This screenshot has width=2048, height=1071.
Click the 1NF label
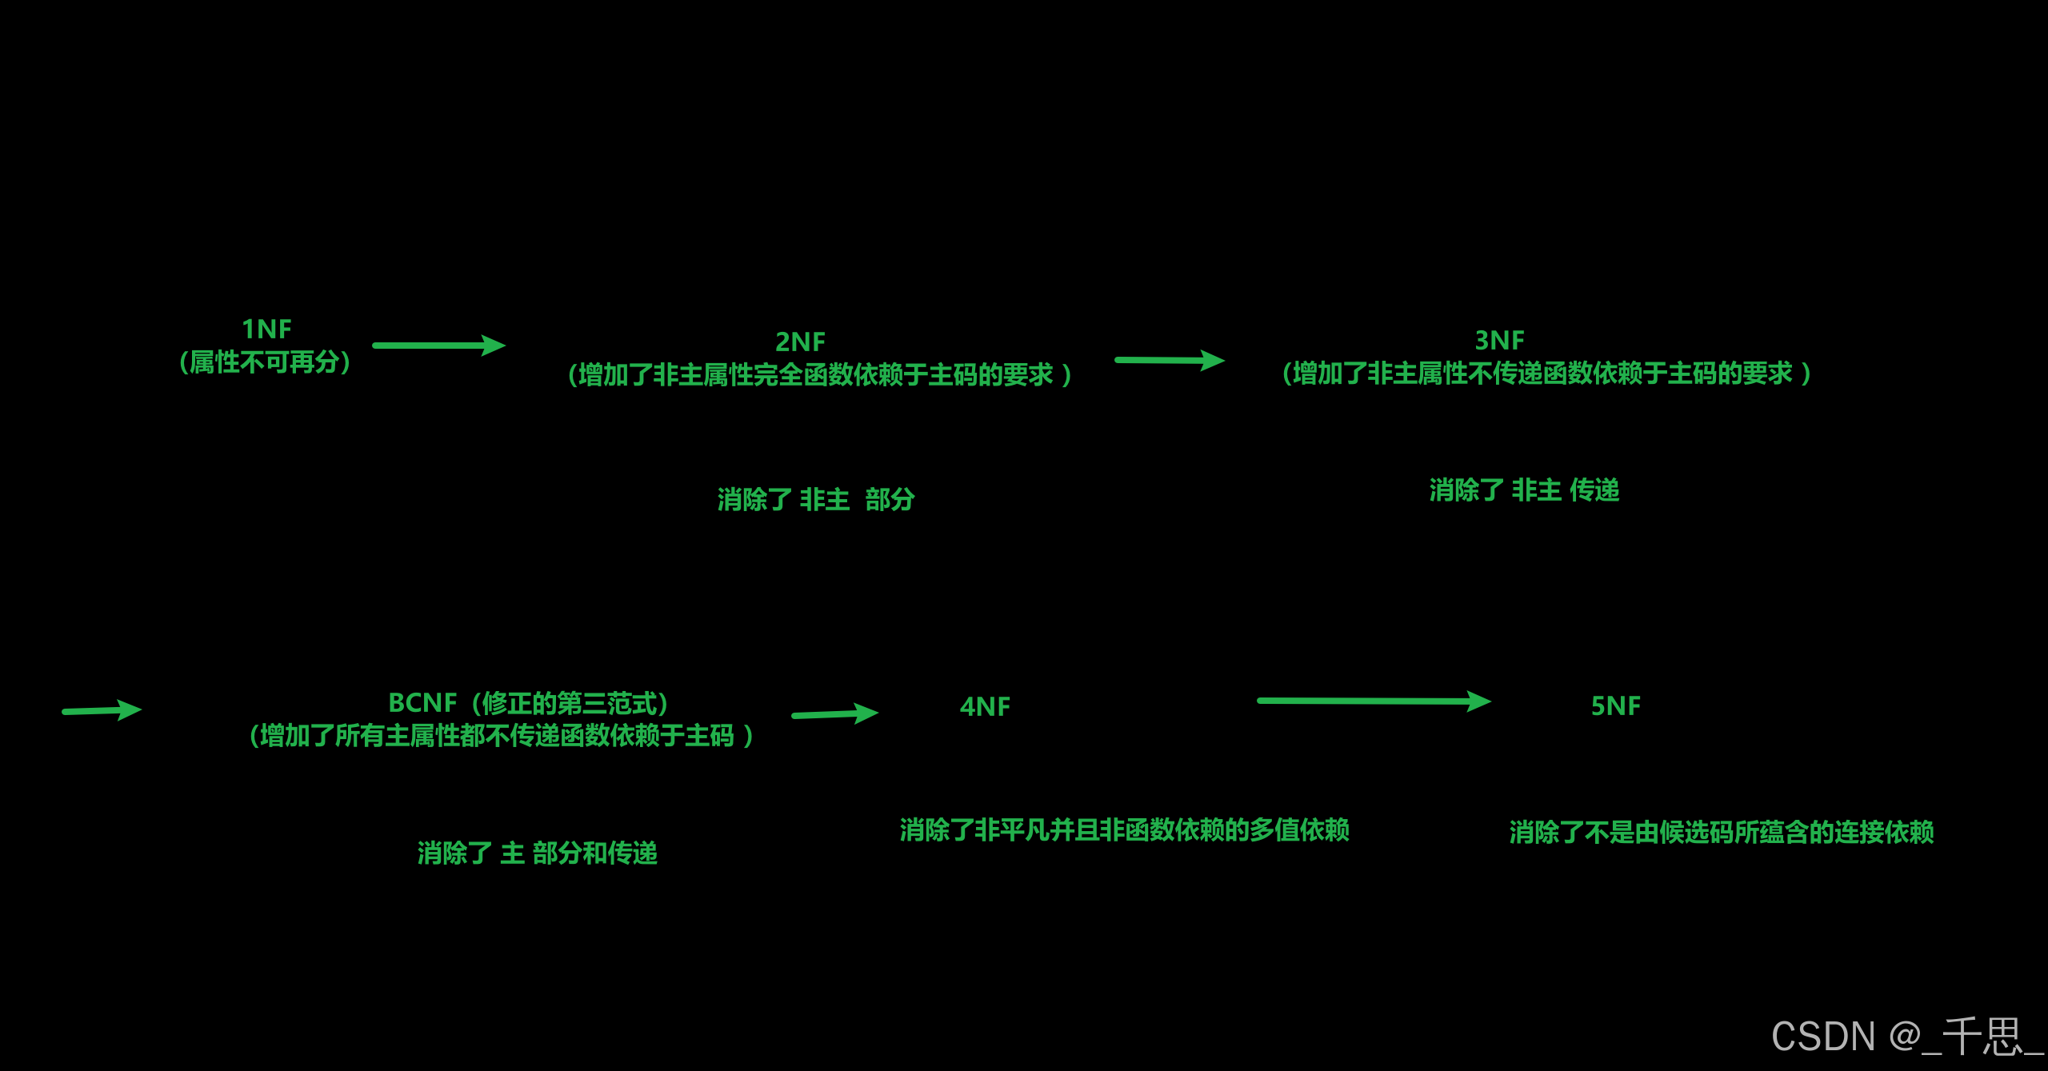[x=266, y=329]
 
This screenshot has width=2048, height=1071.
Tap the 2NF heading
[x=800, y=342]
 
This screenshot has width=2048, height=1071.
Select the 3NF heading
[x=1499, y=340]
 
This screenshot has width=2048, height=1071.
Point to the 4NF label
[x=985, y=706]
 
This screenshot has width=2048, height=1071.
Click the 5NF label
[x=1615, y=705]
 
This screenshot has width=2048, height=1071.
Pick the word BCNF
[x=422, y=702]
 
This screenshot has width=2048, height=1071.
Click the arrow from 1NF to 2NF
[x=438, y=346]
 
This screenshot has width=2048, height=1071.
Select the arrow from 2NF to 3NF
[x=1169, y=360]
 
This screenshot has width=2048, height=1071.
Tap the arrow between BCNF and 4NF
[x=834, y=713]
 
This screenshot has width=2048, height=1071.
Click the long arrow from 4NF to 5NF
[x=1373, y=701]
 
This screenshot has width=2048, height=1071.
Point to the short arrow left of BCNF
[x=102, y=709]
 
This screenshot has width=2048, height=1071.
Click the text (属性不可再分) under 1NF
[x=265, y=362]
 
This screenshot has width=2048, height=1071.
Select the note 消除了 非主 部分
[x=815, y=499]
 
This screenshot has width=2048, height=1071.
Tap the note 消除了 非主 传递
[x=1524, y=490]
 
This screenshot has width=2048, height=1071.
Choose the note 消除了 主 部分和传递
[x=537, y=853]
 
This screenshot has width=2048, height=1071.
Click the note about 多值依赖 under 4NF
[x=1124, y=829]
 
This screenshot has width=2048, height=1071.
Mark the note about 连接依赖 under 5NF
[x=1722, y=832]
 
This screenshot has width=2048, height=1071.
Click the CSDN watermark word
[x=1823, y=1037]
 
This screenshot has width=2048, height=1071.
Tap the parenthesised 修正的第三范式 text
[x=569, y=703]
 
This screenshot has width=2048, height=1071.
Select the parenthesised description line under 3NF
[x=1546, y=374]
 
